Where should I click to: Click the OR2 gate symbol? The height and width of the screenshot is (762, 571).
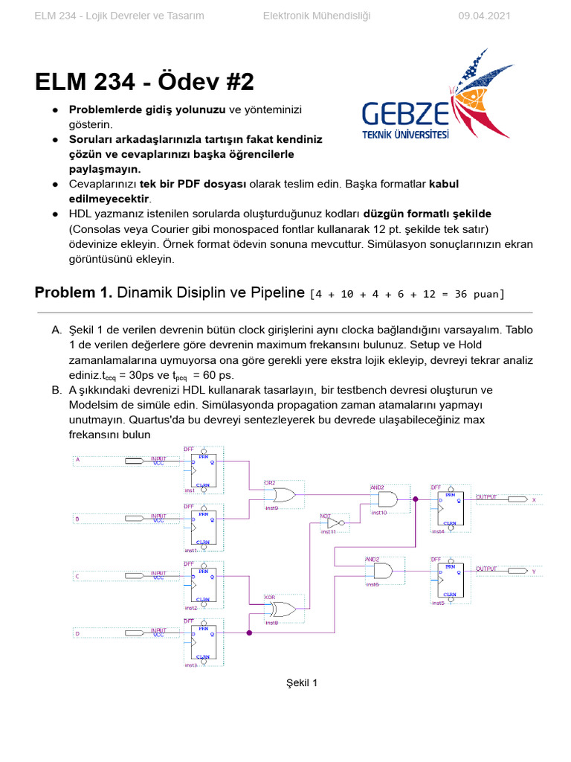coord(282,496)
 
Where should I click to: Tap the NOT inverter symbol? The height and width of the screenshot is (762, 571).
coord(334,522)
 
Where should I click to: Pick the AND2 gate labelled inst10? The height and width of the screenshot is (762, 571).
coord(386,500)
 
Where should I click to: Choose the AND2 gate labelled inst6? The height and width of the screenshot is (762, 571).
coord(381,571)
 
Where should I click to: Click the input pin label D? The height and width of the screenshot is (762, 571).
coord(77,633)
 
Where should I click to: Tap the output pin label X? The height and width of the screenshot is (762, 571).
coord(533,500)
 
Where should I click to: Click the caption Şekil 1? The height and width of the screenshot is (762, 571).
coord(302,683)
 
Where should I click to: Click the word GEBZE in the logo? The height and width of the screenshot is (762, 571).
coord(405,115)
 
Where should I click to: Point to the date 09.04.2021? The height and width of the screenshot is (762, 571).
coord(484,16)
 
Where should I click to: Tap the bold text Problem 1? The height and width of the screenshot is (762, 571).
coord(74,292)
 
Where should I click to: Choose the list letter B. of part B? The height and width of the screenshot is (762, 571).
coord(57,390)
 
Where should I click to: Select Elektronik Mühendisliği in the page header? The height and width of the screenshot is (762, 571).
coord(317,16)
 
